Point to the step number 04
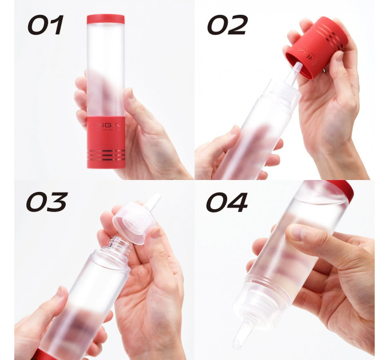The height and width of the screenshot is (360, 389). point(227,202)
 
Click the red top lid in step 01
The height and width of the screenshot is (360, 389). point(105,19)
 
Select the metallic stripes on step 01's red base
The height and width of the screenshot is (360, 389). point(106,154)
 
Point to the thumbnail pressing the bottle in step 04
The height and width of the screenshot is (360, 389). point(296,232)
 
